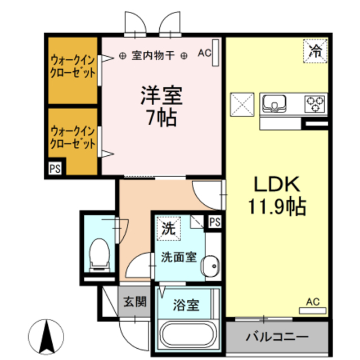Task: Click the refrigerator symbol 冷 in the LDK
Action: [x=316, y=51]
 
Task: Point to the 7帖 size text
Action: [x=161, y=118]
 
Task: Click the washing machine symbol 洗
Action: [x=168, y=228]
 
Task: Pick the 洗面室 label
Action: [x=178, y=258]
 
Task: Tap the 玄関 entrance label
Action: [x=135, y=301]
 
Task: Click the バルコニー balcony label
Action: [x=277, y=338]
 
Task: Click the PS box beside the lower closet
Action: [x=55, y=168]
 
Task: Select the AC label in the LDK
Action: [x=312, y=303]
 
